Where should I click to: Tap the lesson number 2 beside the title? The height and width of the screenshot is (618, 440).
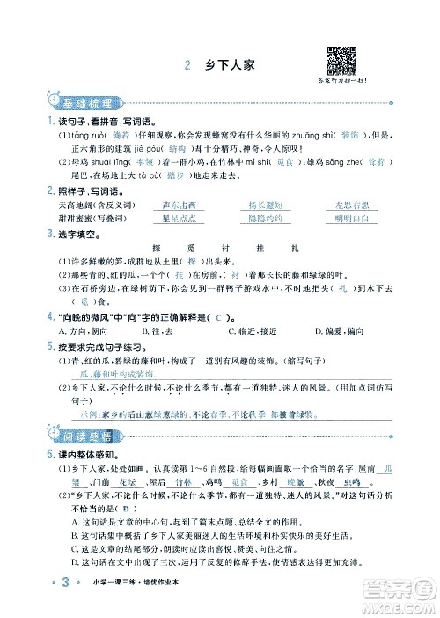coord(188,64)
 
